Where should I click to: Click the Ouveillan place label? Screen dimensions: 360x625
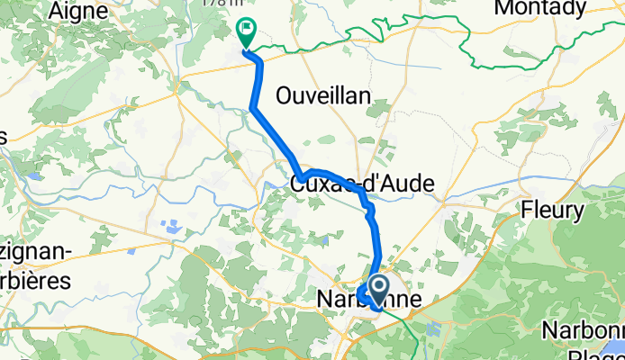pyautogui.click(x=323, y=95)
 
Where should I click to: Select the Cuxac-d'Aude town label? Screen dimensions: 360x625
pyautogui.click(x=362, y=184)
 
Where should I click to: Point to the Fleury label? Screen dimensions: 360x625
pyautogui.click(x=553, y=211)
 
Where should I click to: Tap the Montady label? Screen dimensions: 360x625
pyautogui.click(x=553, y=8)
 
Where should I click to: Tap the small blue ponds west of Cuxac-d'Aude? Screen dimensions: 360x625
pyautogui.click(x=169, y=226)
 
